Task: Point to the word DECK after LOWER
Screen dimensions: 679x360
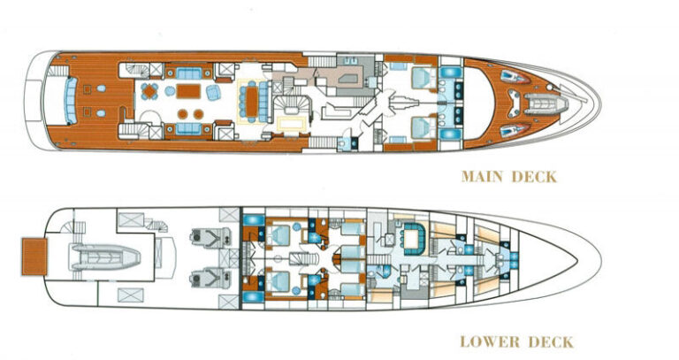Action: tap(550, 341)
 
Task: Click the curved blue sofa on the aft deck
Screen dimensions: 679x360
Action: tap(70, 101)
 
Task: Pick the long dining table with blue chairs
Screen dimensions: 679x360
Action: tap(252, 101)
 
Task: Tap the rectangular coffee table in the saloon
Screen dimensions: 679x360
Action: tap(188, 91)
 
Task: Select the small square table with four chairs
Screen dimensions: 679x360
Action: tap(149, 91)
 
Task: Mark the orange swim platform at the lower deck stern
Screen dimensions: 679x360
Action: tap(34, 257)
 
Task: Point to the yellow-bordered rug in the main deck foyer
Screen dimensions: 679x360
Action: tap(292, 124)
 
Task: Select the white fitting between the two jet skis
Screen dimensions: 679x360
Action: tap(514, 104)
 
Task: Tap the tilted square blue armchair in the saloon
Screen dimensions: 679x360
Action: tap(212, 92)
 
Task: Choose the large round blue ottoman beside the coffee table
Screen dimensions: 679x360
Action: tap(170, 90)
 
